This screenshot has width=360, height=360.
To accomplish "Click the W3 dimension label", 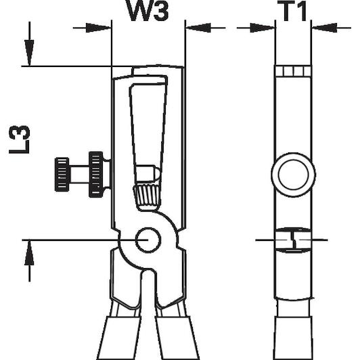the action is tap(148, 11).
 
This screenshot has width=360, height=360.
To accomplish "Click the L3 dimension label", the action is tap(19, 139).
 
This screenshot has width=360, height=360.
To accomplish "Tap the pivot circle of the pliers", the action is tap(148, 240).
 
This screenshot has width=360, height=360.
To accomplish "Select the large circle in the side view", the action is tap(293, 175).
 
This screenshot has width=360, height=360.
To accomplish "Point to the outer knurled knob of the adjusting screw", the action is tap(62, 175).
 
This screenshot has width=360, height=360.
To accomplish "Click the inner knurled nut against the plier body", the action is tap(95, 175).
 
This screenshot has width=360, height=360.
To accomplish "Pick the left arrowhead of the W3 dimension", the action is tap(99, 28).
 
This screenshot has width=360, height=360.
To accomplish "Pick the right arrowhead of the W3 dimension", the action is tap(198, 28).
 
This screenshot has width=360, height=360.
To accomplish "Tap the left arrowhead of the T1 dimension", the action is tap(263, 28).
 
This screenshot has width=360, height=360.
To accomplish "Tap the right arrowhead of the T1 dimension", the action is tap(324, 28).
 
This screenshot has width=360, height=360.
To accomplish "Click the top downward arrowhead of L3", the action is tap(29, 53).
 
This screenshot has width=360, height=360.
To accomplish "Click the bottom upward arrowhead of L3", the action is tap(29, 252).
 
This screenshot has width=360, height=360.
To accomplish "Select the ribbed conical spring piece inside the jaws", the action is tap(146, 196).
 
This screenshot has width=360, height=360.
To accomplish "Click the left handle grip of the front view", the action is tap(118, 338).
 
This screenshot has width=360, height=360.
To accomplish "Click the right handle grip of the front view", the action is tap(177, 338).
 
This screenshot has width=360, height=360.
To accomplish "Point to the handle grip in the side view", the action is tap(294, 338).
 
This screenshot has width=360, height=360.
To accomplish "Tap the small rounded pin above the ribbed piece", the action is tap(147, 173).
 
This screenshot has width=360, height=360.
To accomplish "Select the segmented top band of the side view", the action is tap(293, 71).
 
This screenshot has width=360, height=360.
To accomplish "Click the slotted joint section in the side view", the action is tap(293, 240).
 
